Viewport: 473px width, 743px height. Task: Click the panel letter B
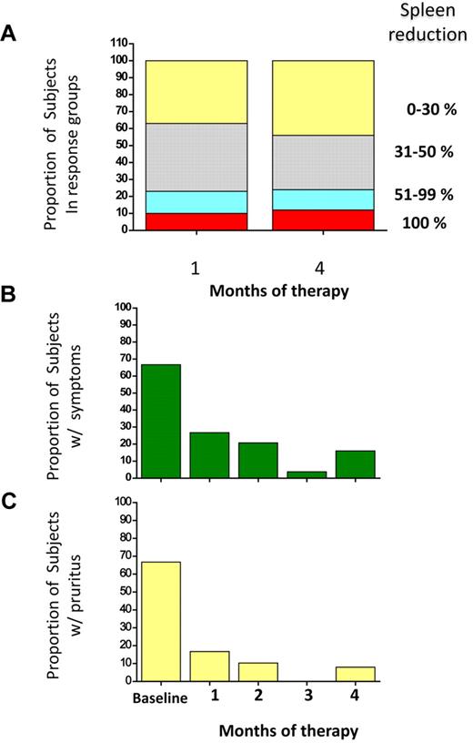click(x=9, y=296)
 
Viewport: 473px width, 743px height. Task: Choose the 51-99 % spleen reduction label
click(x=418, y=195)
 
